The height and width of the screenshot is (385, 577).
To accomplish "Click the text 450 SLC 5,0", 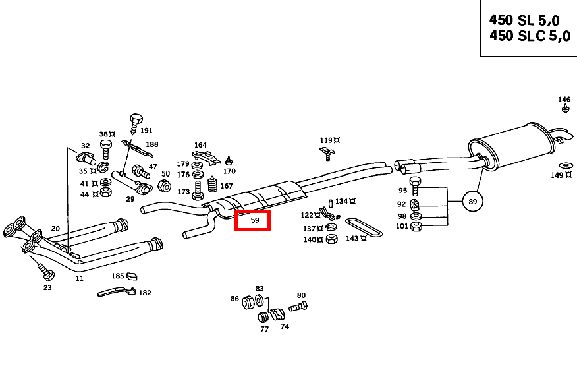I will tap(529, 37).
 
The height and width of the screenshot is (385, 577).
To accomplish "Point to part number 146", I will tap(564, 100).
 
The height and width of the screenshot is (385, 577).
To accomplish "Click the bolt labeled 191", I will tap(136, 121).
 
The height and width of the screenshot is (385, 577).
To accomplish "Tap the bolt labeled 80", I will tap(298, 306).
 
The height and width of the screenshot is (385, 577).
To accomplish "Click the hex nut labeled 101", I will tap(416, 227).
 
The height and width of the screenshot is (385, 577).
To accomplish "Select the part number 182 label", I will tap(144, 293).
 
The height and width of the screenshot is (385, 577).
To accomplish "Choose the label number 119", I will tap(325, 140).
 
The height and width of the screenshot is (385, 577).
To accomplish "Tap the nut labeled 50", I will tap(165, 186).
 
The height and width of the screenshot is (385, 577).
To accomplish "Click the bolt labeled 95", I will tap(415, 183).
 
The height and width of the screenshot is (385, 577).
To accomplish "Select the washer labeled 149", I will tap(565, 164).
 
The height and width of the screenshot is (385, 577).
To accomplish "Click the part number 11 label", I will tap(79, 278).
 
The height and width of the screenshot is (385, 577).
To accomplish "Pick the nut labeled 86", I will tap(249, 303).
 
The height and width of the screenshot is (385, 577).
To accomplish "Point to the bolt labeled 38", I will tap(105, 147).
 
